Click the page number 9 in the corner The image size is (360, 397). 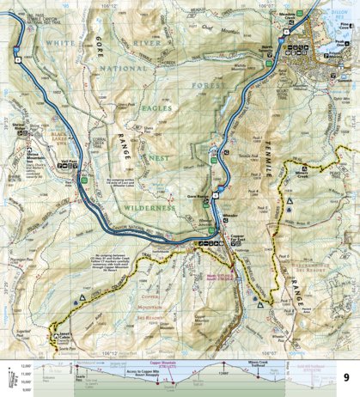pos(345,377)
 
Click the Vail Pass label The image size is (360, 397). pos(70,162)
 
